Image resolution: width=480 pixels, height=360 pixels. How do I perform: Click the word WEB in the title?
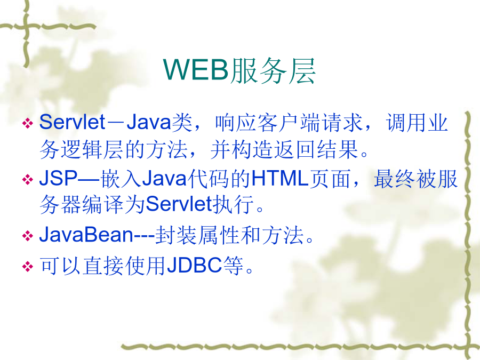(x=196, y=70)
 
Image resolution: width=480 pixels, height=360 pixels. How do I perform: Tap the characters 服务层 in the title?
(x=273, y=70)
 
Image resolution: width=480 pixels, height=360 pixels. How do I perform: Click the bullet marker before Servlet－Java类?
(x=28, y=123)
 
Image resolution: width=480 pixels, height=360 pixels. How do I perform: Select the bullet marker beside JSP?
(x=28, y=179)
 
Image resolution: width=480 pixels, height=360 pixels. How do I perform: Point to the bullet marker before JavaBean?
(x=28, y=236)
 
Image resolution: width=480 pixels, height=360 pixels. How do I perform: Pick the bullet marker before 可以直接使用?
(x=28, y=266)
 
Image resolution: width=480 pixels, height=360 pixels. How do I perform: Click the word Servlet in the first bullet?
(x=73, y=122)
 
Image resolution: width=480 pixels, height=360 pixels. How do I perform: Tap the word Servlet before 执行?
(x=179, y=204)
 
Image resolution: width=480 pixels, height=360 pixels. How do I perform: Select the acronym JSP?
(x=58, y=179)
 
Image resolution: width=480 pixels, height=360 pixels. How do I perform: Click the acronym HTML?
(x=279, y=179)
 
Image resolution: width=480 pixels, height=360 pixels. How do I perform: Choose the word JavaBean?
(x=86, y=235)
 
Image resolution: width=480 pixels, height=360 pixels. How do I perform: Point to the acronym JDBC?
(x=194, y=265)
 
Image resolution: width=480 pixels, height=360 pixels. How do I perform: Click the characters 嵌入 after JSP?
(x=121, y=179)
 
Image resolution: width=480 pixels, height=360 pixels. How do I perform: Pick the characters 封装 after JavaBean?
(x=176, y=235)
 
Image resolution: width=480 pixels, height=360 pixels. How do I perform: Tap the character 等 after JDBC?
(x=233, y=266)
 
